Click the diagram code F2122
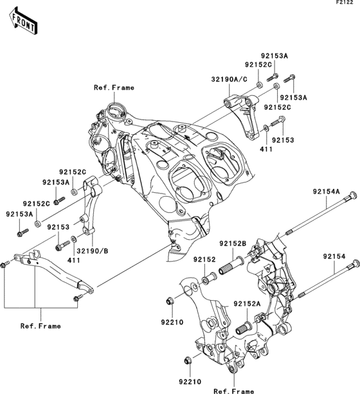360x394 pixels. pos(346,4)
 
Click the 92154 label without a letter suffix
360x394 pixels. pos(335,256)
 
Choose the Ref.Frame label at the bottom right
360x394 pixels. pos(233,390)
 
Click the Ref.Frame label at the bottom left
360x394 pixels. pos(40,326)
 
